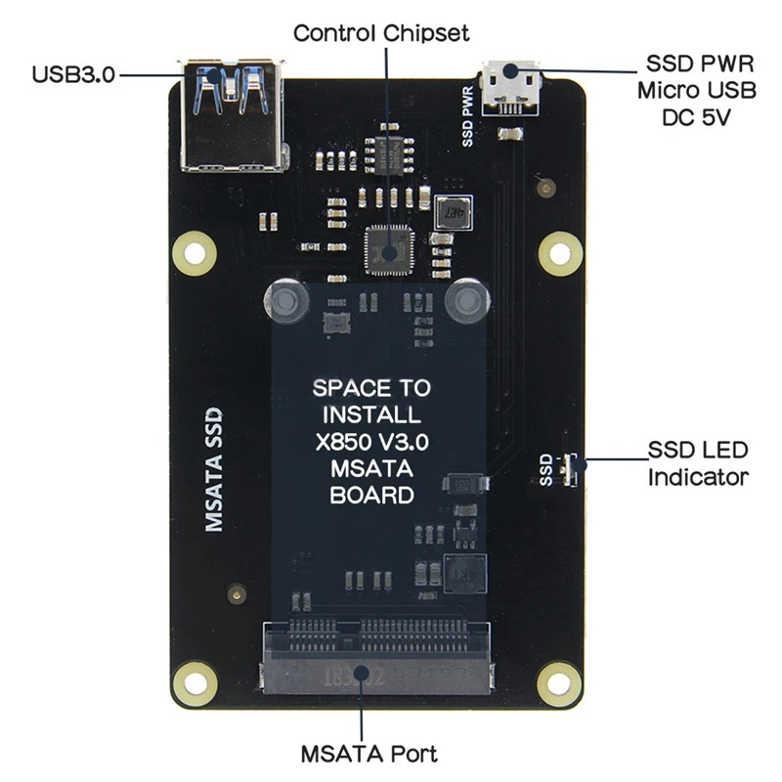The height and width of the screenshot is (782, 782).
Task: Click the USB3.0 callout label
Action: pos(73,73)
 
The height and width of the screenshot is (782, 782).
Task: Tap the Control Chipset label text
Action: pos(381,33)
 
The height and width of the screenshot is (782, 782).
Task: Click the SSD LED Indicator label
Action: pos(698,463)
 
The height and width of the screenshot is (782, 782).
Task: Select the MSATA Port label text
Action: pos(369,754)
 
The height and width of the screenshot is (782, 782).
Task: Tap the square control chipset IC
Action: pos(389,249)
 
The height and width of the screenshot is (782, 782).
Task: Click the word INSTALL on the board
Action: pos(371,414)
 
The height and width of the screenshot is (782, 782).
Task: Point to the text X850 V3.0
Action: pos(371,441)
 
